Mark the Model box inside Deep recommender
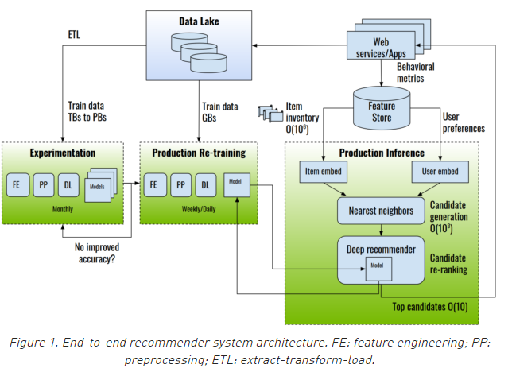(x=378, y=267)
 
